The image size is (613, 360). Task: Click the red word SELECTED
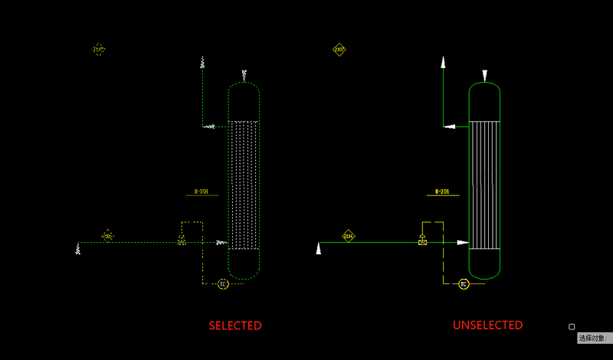tap(235, 326)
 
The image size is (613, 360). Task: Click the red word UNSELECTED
tap(487, 326)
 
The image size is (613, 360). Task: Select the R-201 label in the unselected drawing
tap(442, 191)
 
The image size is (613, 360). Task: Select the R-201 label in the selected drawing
tap(202, 191)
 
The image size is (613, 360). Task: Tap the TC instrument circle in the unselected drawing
tap(464, 284)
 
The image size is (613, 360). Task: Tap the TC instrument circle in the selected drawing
tap(223, 284)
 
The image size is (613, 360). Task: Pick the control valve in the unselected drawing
tap(422, 241)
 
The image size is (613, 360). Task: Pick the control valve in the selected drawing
tap(182, 241)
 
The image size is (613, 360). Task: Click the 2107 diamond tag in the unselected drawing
tap(339, 50)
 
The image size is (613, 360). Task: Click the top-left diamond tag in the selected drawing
tap(99, 50)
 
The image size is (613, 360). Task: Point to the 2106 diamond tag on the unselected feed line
tap(349, 237)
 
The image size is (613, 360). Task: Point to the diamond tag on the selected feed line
tap(108, 236)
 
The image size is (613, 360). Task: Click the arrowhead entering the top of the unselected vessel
tap(484, 75)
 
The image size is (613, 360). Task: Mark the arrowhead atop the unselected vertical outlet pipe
tap(443, 62)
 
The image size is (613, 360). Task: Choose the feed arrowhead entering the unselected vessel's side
tap(463, 243)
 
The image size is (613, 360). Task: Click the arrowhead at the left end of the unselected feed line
tap(319, 247)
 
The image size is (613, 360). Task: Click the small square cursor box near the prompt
tap(572, 327)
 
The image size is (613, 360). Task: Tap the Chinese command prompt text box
tap(594, 338)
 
